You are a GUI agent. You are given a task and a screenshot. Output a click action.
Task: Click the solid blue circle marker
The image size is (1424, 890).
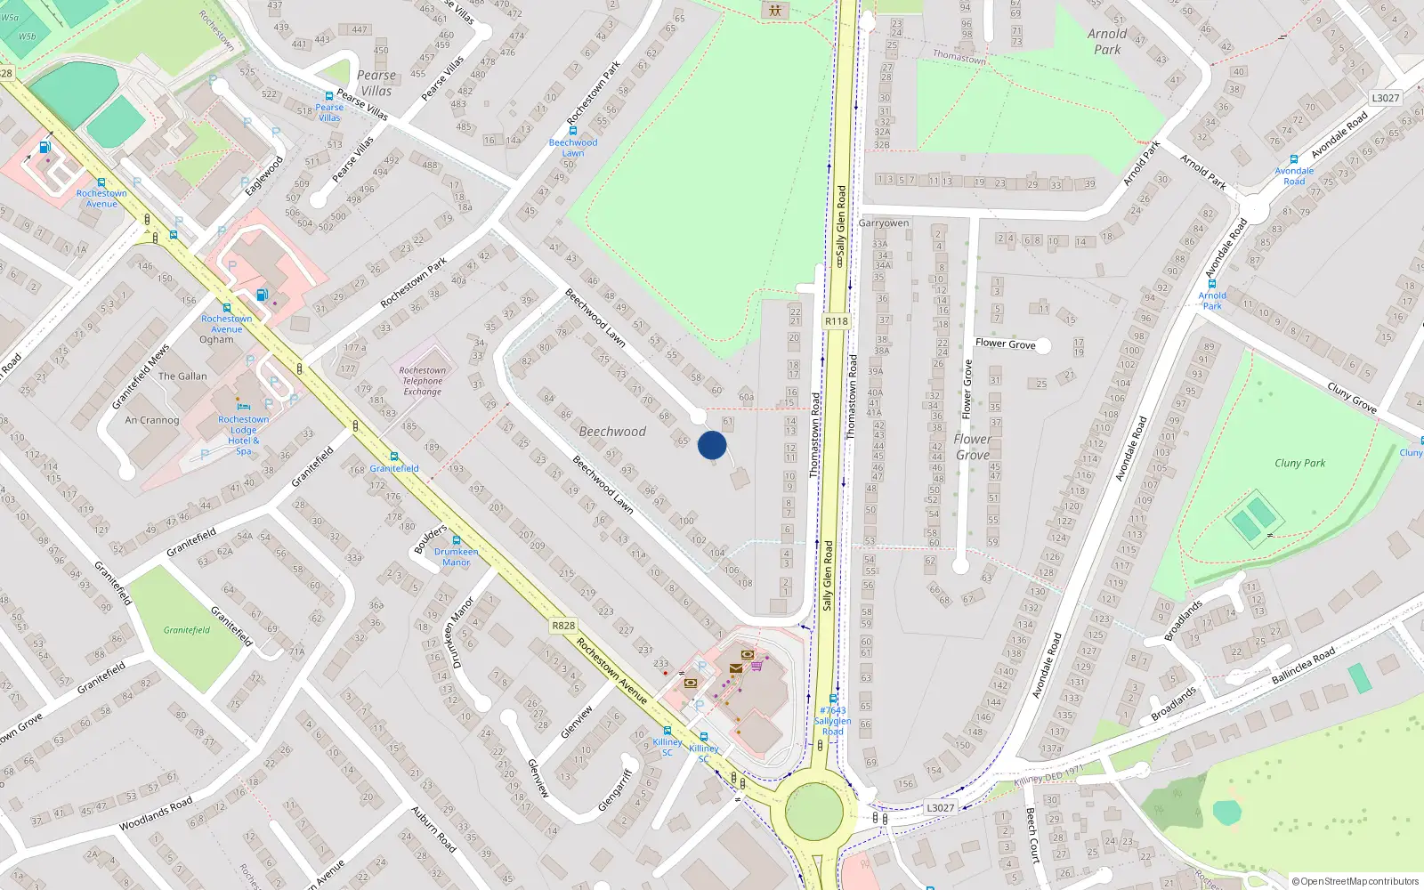[712, 445]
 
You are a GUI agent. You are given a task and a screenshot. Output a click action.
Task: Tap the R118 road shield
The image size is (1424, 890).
[836, 321]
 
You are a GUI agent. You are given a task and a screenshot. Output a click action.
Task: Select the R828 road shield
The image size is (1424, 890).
[563, 626]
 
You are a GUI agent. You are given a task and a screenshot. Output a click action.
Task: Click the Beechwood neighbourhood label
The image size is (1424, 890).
[612, 432]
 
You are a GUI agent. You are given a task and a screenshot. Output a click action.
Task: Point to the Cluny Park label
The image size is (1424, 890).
[1299, 463]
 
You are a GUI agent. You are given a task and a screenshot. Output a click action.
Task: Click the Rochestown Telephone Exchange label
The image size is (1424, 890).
[422, 381]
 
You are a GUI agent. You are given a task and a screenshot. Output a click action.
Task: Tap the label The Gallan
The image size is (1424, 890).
[182, 376]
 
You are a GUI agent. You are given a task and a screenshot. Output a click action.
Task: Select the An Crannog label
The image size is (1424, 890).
[152, 420]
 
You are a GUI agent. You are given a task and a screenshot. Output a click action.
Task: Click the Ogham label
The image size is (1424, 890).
[216, 340]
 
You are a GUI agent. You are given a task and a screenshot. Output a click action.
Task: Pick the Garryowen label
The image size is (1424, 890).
[884, 223]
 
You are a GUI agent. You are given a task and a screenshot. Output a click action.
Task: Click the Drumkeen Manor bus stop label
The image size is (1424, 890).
[457, 557]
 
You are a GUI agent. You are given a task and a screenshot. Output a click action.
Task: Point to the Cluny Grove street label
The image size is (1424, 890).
[1351, 397]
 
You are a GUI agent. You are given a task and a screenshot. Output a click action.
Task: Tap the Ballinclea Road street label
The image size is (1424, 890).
[1303, 666]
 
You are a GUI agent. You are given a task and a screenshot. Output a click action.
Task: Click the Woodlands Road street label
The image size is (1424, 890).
[156, 814]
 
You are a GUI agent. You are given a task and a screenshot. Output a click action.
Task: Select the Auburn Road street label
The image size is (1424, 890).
[433, 829]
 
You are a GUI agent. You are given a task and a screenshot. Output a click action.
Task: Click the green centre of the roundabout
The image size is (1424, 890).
[814, 811]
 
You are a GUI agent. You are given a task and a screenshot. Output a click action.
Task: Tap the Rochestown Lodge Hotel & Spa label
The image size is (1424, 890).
[244, 435]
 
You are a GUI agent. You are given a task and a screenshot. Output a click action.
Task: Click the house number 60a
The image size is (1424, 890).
[746, 398]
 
